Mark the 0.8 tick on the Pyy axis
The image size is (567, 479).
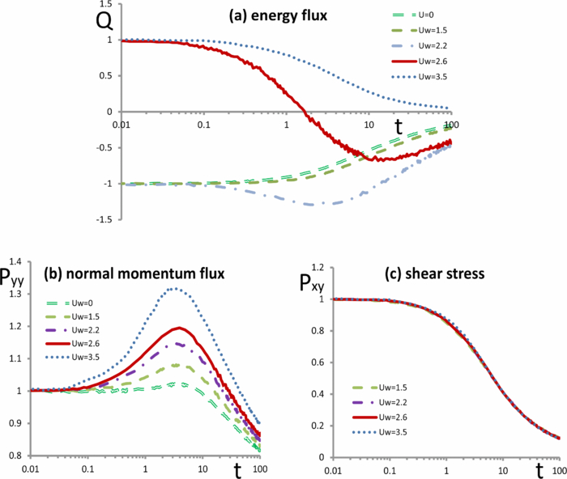14,457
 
